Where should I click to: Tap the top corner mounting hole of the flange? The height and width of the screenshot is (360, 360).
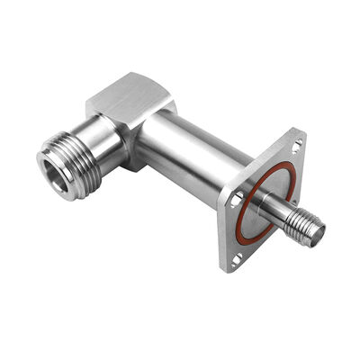tap(296, 142)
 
